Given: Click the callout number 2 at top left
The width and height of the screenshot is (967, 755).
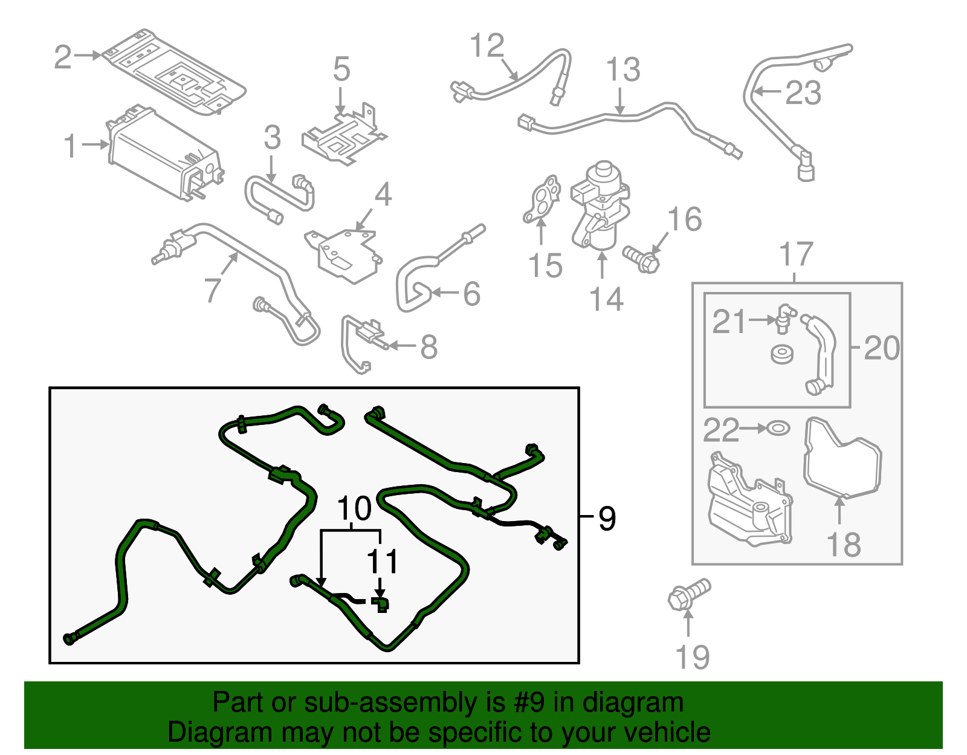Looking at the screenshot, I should (63, 57).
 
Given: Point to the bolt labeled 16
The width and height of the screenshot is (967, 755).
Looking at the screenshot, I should (642, 259).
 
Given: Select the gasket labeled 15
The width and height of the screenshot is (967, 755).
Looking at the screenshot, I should (541, 199).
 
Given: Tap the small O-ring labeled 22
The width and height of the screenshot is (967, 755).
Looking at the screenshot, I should (778, 428).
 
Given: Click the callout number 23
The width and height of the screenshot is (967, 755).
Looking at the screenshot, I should (803, 93).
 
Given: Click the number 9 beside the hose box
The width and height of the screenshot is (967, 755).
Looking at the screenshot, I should (607, 518).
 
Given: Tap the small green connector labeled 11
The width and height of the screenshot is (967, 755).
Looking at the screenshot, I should (380, 603).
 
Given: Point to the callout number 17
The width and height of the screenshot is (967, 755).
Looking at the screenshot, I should (796, 254).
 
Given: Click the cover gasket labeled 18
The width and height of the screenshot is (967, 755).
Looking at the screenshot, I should (843, 459).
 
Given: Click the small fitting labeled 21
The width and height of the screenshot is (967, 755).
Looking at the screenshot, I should (784, 318).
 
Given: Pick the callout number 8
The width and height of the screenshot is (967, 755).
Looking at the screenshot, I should (429, 347).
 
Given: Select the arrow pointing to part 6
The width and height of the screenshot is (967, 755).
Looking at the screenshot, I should (444, 294).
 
